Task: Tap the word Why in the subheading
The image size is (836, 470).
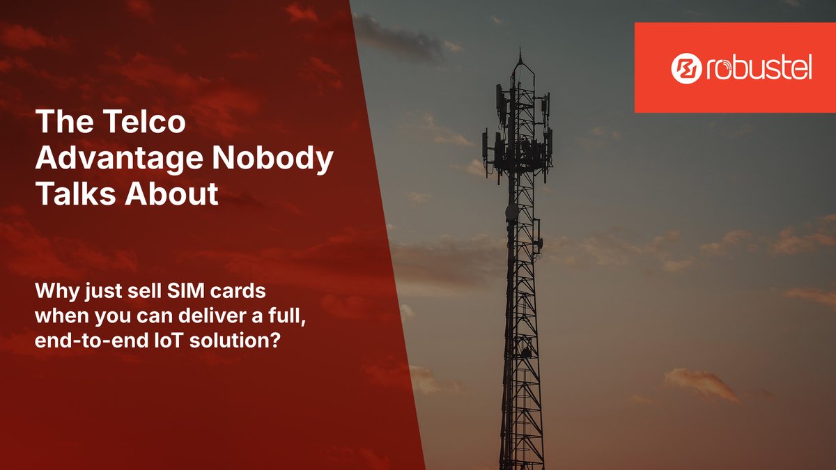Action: click(x=51, y=288)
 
